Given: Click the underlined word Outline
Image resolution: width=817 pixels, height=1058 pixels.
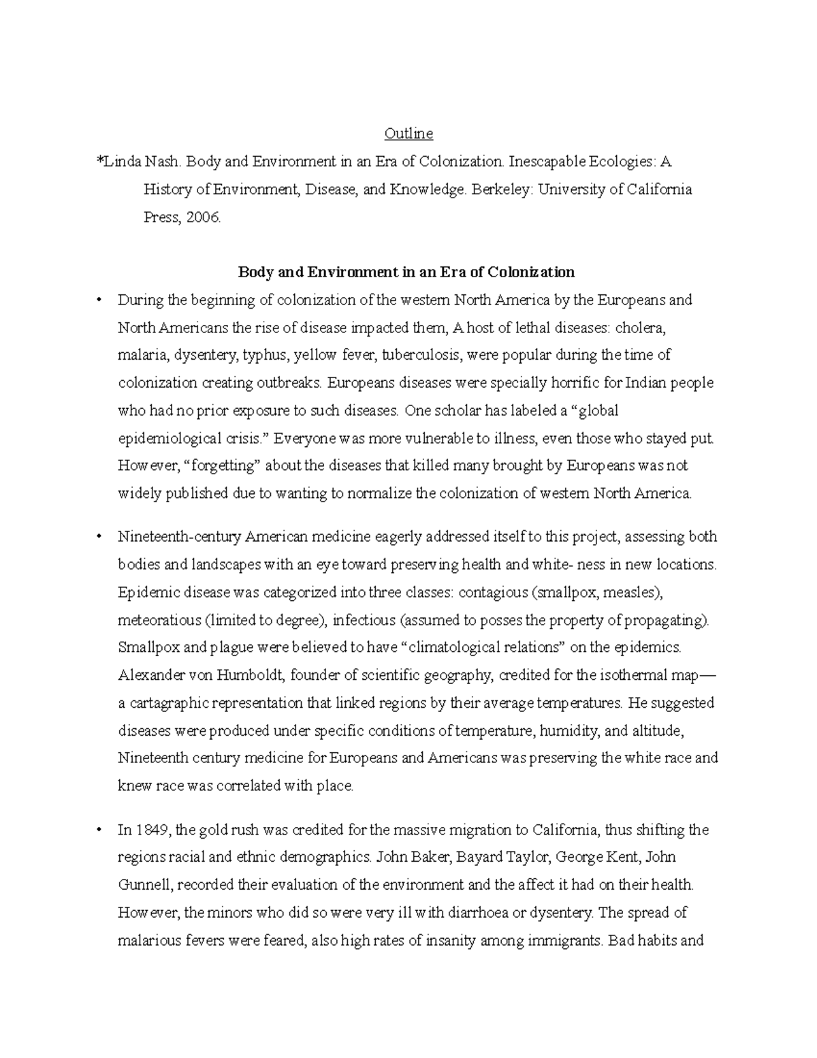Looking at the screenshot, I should click(408, 134).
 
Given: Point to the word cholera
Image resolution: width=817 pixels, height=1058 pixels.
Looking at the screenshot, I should click(640, 328).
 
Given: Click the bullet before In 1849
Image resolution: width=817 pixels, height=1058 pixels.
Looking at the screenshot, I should click(100, 830).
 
